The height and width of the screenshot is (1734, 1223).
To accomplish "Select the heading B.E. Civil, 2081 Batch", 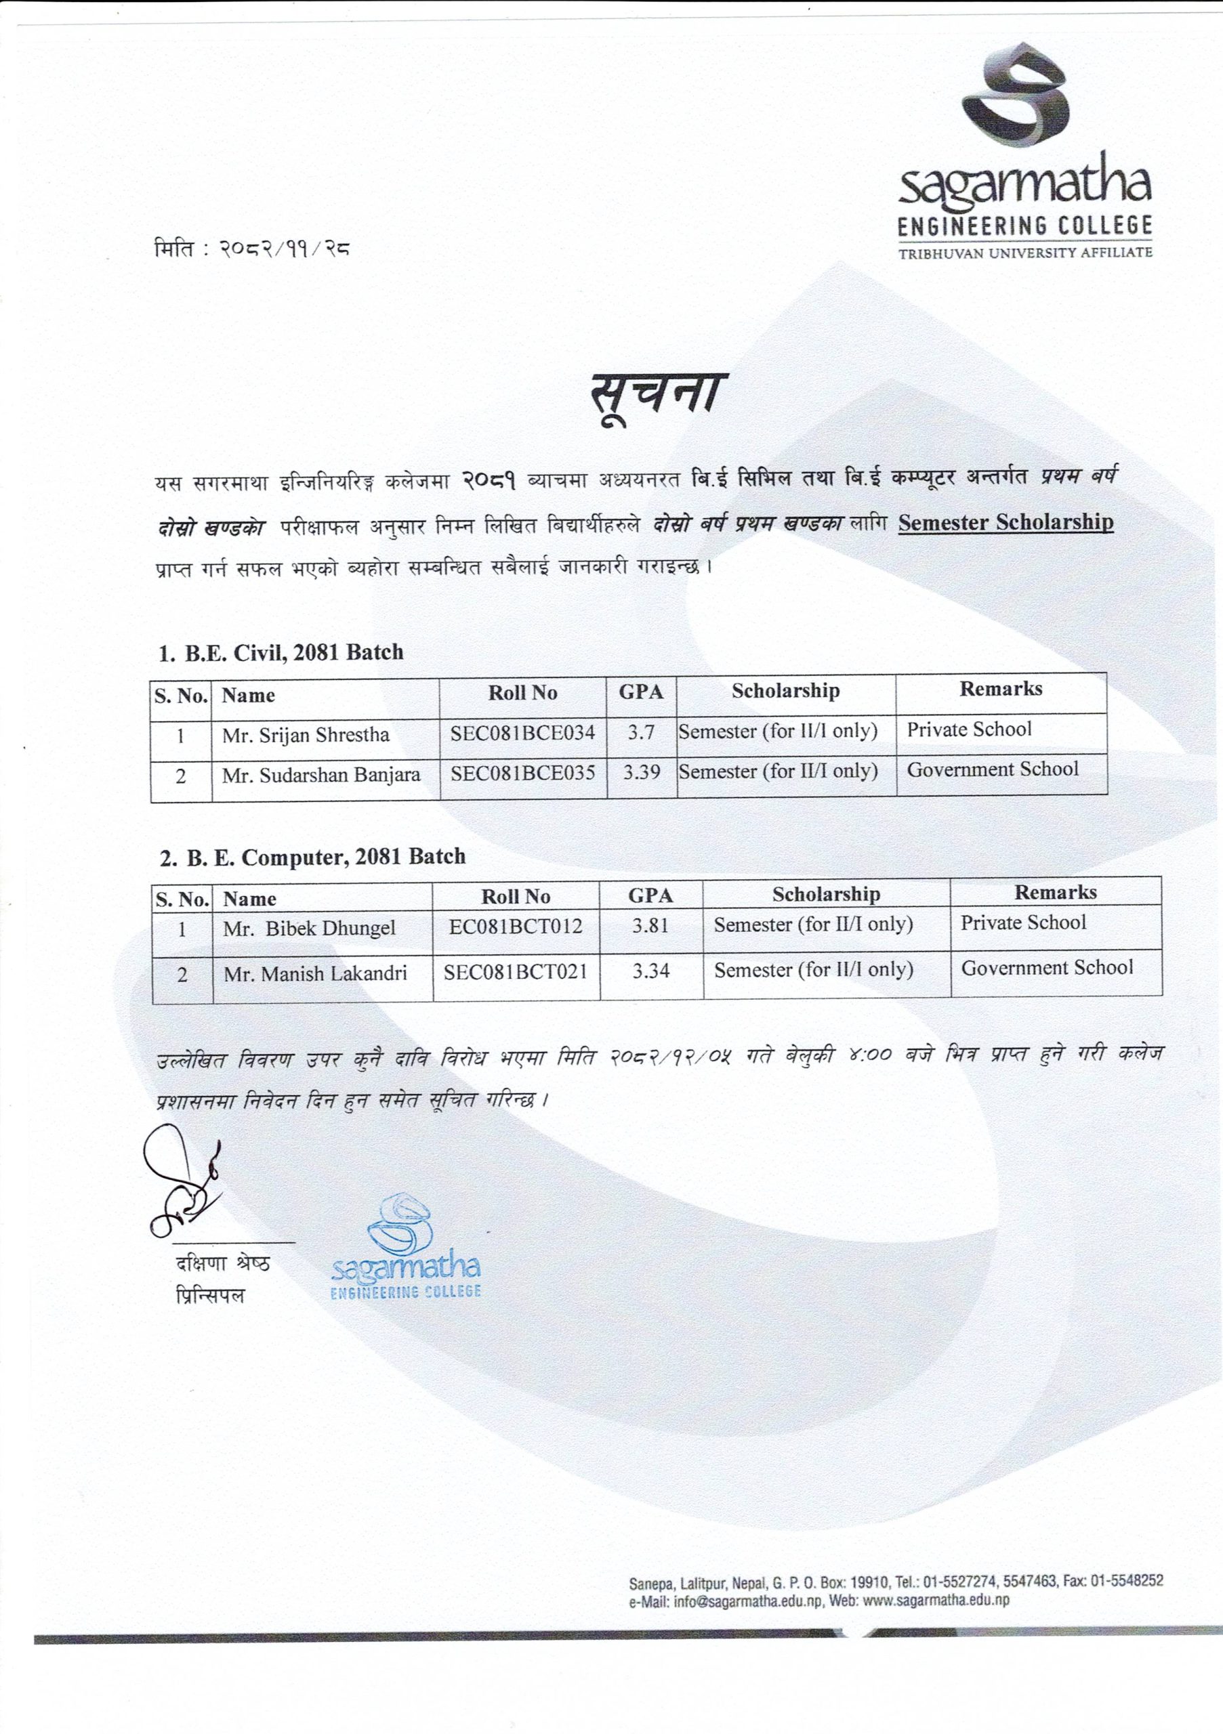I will (x=281, y=652).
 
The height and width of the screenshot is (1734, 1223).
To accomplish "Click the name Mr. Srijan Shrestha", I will (x=306, y=735).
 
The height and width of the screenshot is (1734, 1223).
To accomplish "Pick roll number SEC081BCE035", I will (x=523, y=773).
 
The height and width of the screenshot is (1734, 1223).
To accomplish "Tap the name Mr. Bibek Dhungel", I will (x=309, y=928).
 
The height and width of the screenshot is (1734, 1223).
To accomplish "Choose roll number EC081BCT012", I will (x=515, y=927).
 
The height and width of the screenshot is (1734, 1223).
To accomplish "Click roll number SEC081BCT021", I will (x=515, y=971).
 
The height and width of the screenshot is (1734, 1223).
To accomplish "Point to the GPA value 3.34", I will (x=650, y=971).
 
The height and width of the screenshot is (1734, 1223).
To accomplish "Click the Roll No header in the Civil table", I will (x=523, y=692).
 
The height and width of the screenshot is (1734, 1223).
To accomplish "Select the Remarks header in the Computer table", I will (x=1055, y=892).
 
